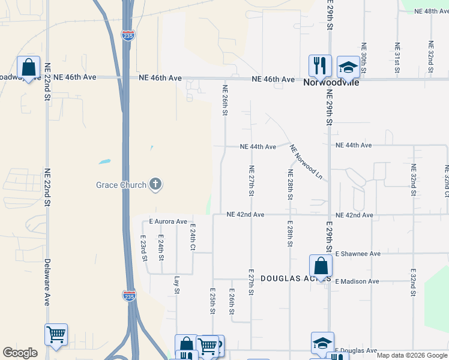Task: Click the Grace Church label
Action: click(x=121, y=185)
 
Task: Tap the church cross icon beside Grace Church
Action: click(x=155, y=184)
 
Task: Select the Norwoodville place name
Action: click(x=331, y=82)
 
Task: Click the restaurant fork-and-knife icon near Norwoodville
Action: click(x=320, y=65)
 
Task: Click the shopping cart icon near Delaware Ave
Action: click(x=56, y=334)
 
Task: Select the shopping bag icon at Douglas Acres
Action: click(x=321, y=266)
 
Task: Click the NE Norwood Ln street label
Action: click(x=306, y=162)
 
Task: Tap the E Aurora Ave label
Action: click(x=169, y=221)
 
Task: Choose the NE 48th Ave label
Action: click(x=427, y=11)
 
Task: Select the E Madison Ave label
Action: click(x=357, y=281)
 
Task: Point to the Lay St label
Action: click(x=176, y=285)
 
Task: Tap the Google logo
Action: click(x=20, y=353)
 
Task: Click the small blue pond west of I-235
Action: click(x=104, y=161)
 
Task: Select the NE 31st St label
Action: click(x=397, y=58)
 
